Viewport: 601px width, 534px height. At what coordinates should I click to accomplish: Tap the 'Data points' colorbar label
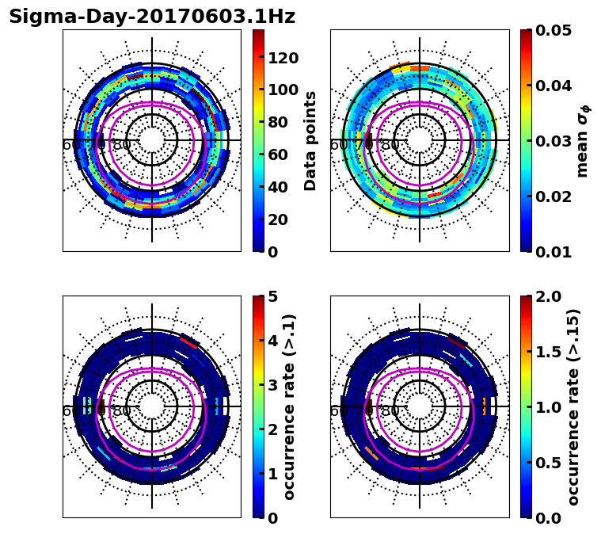click(x=310, y=141)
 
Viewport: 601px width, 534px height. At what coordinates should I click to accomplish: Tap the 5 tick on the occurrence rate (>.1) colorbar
click(x=273, y=297)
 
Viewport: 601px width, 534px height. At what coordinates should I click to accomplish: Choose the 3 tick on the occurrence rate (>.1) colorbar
click(x=273, y=385)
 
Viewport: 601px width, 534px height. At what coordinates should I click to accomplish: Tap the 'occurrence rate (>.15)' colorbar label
click(x=573, y=406)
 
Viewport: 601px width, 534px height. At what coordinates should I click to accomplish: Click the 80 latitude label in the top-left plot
click(x=122, y=145)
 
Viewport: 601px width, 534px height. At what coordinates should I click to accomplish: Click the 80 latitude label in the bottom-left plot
click(x=122, y=411)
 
